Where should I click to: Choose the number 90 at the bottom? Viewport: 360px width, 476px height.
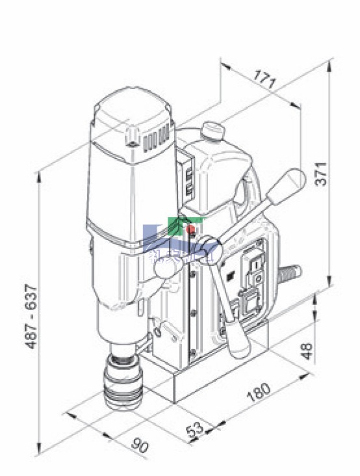coord(140,447)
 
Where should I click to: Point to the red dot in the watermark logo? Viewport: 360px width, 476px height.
coord(191,229)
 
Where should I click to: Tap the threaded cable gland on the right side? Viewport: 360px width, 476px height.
coord(290,272)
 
